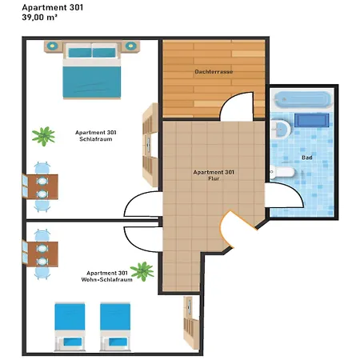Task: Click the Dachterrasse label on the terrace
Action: [214, 72]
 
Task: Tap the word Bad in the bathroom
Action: [307, 158]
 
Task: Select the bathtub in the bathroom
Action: [302, 100]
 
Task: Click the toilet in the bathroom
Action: [282, 172]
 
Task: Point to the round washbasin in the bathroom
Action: [281, 129]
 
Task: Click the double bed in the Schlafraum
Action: [92, 70]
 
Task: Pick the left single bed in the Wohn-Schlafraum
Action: [70, 326]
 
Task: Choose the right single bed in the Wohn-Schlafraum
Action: [115, 326]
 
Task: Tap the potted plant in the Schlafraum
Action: [43, 136]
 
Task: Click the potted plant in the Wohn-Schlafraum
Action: [142, 271]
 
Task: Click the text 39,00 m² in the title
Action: [40, 18]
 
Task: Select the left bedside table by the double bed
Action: [54, 46]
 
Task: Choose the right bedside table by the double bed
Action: [130, 46]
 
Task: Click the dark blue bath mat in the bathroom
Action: [312, 120]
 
